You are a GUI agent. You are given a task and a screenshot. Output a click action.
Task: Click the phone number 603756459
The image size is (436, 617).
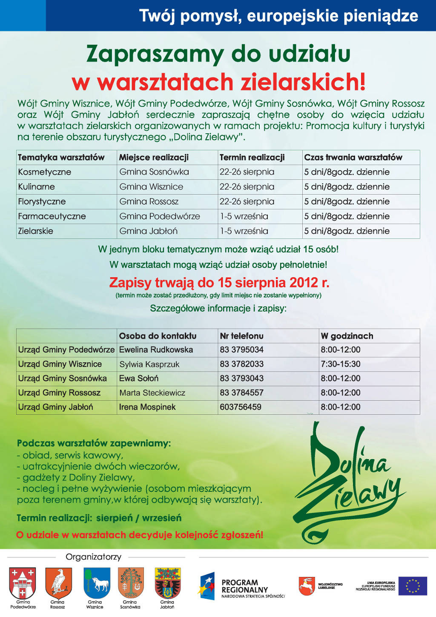coord(241,407)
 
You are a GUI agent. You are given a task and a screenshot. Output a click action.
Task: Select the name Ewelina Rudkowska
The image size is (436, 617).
coord(156,350)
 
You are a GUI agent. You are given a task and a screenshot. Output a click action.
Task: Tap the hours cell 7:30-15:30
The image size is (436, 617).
coord(341,364)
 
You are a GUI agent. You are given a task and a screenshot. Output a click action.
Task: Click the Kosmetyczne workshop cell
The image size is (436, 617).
coord(45,172)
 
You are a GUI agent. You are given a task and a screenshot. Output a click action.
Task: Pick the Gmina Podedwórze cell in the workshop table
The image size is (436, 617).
coord(160,216)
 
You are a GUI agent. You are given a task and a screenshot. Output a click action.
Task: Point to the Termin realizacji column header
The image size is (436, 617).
coord(252,158)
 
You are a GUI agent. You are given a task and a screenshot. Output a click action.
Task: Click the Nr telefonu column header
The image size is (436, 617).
coord(241,336)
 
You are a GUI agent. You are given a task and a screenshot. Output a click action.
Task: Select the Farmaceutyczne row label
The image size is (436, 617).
coord(52,216)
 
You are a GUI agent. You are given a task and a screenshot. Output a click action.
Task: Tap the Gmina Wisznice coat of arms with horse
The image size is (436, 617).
coord(97,583)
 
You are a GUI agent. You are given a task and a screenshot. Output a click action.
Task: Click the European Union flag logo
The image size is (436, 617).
coord(412,586)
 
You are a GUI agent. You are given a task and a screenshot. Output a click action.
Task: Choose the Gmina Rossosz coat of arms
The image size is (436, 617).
coord(58,583)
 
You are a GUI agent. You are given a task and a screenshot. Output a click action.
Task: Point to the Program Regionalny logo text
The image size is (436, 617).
coord(244,586)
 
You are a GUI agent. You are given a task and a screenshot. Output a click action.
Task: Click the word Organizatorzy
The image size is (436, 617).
coord(93,557)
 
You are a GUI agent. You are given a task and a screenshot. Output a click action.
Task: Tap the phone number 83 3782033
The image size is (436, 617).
coord(241,364)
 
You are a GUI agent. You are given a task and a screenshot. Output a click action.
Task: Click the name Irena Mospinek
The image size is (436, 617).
coord(147,407)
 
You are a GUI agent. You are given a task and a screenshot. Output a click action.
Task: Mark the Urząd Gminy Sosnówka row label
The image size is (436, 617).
coord(63,379)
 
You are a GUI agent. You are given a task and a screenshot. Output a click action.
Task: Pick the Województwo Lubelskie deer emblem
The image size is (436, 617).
coord(307,586)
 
